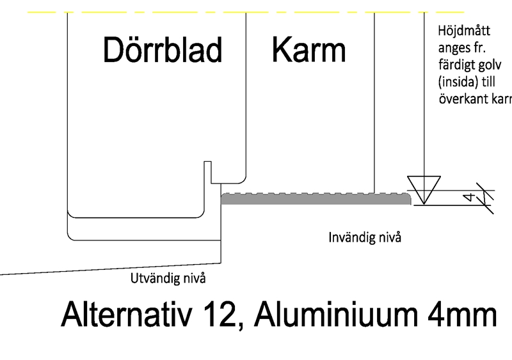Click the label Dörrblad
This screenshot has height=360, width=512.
(x=163, y=50)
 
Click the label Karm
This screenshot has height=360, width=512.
(x=308, y=50)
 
